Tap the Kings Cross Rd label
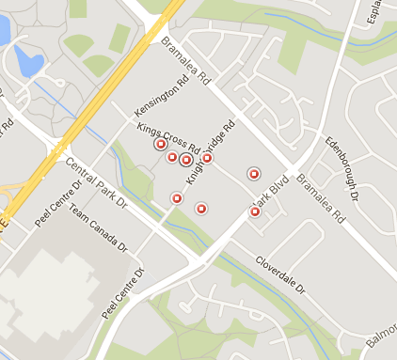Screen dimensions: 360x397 point(168,137)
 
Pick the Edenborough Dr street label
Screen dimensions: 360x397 point(342,167)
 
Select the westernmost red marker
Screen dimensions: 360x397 point(160,144)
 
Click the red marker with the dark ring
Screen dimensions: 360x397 point(186,160)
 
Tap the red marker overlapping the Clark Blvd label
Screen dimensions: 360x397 point(255,212)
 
